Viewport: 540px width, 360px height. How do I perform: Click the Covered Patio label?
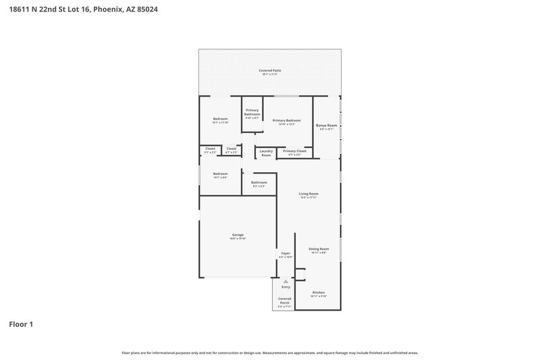click(270, 70)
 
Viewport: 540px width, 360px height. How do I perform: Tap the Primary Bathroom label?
click(252, 112)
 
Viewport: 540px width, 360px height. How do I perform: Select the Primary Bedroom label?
click(286, 120)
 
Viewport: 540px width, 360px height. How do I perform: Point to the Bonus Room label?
click(326, 126)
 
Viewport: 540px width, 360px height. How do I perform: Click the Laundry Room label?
click(266, 153)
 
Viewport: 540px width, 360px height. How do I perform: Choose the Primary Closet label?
click(294, 151)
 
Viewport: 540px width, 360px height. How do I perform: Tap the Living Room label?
click(308, 194)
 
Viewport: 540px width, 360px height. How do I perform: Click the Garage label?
click(237, 234)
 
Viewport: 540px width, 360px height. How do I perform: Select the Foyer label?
click(285, 253)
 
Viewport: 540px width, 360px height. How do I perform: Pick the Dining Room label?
click(319, 249)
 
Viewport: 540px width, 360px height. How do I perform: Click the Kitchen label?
click(318, 293)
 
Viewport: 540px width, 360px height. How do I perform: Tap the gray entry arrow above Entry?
click(286, 280)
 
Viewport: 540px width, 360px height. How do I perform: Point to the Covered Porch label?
click(285, 300)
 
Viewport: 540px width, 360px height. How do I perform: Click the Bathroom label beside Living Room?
click(259, 182)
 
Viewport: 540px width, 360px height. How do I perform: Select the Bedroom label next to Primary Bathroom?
click(220, 119)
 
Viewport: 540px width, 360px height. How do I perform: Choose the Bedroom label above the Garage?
click(220, 174)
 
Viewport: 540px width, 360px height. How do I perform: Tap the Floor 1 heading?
click(21, 324)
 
